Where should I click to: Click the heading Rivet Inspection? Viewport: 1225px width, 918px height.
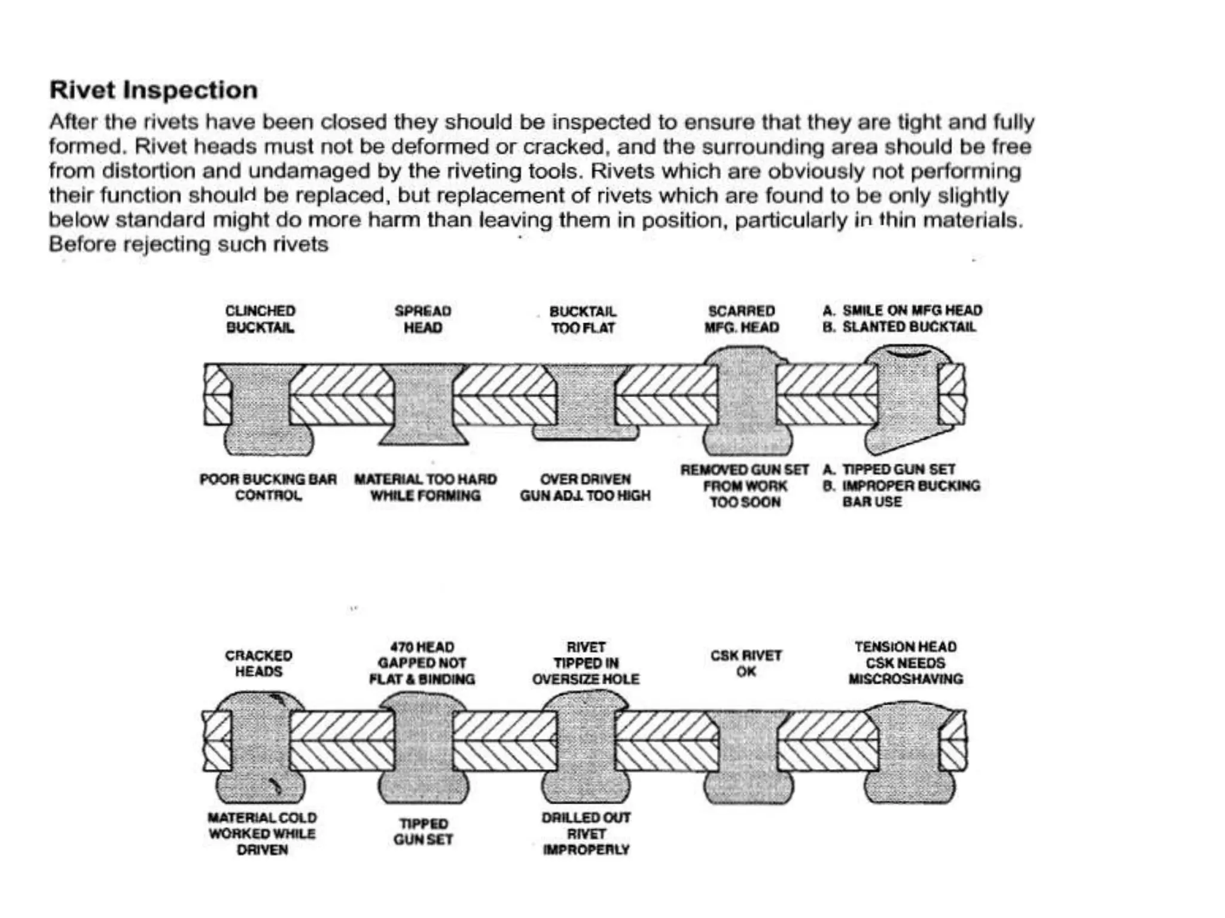(x=153, y=90)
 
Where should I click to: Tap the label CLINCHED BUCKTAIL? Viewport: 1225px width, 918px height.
(x=260, y=319)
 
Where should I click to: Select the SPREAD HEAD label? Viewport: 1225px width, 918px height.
(x=423, y=319)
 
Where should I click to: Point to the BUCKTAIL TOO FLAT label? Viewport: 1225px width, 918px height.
(x=583, y=320)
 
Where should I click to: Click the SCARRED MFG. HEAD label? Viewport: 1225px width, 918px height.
(x=742, y=319)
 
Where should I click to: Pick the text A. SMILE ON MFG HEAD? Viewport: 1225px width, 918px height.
(x=902, y=310)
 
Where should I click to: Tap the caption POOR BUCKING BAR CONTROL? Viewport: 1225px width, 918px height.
(x=268, y=487)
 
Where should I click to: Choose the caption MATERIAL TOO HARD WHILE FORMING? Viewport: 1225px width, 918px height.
(x=425, y=487)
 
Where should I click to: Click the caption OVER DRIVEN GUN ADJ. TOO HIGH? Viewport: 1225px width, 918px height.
(x=585, y=487)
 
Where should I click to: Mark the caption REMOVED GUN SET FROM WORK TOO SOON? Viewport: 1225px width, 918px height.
(x=745, y=486)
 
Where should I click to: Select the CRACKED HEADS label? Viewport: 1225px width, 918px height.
(x=258, y=663)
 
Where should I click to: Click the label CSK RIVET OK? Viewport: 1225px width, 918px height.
(x=746, y=663)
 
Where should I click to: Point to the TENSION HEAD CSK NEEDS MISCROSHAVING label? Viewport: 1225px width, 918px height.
(x=906, y=663)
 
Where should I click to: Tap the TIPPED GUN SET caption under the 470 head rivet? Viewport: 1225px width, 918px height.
(x=423, y=831)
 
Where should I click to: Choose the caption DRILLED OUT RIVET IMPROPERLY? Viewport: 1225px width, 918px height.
(x=586, y=833)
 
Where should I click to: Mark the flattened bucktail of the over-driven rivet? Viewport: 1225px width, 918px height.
(x=585, y=433)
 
